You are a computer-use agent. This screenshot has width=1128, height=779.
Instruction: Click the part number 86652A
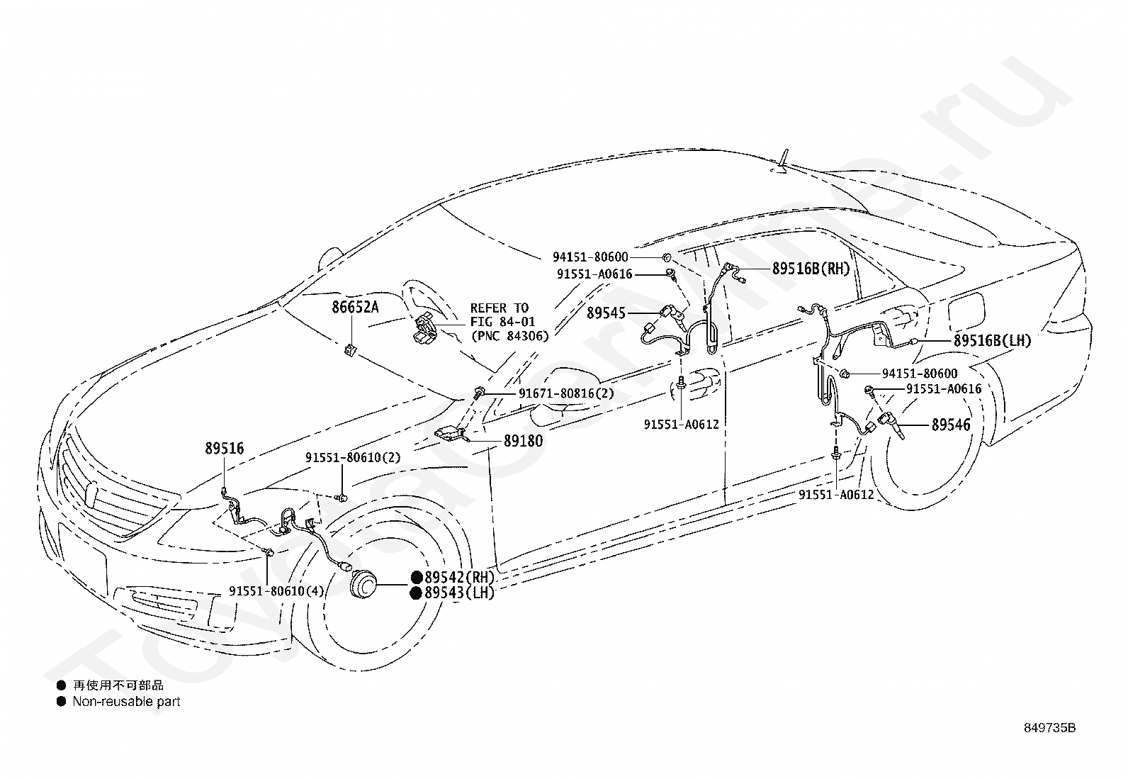pos(355,307)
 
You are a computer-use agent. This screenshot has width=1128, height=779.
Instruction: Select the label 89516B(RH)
pos(811,269)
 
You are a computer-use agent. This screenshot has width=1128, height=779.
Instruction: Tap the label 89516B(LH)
pos(992,341)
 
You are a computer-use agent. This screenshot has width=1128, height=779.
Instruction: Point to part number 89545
pos(606,313)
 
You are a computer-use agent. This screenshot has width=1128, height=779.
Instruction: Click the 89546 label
pos(951,425)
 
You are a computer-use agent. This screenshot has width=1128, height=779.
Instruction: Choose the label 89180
pos(523,441)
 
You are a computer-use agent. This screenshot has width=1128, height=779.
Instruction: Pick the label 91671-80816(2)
pos(566,393)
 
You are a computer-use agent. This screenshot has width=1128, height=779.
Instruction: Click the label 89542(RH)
pos(459,577)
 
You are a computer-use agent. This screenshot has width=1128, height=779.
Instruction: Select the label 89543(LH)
pos(459,593)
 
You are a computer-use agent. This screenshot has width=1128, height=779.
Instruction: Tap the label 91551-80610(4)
pos(276,590)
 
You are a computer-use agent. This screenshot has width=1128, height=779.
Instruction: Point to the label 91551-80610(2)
pos(353,457)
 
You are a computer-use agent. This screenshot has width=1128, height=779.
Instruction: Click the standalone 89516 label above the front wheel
pos(224,448)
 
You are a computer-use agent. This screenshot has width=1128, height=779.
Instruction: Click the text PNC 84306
pos(509,335)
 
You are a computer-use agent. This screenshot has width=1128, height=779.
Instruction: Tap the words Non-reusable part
pos(126,702)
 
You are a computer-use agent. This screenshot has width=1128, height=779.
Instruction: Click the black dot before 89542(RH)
pos(417,578)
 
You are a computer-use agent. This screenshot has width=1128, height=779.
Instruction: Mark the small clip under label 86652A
pos(350,349)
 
